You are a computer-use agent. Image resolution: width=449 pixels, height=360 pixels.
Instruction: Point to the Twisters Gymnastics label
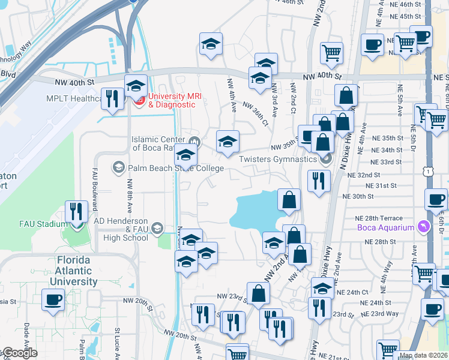click(x=278, y=159)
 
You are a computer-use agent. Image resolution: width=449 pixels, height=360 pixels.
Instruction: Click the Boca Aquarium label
click(x=385, y=227)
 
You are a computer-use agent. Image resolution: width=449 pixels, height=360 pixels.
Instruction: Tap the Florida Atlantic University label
click(x=76, y=271)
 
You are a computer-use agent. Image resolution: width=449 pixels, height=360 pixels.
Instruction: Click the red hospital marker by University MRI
click(x=137, y=100)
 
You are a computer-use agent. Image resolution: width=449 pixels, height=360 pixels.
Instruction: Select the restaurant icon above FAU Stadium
click(x=76, y=210)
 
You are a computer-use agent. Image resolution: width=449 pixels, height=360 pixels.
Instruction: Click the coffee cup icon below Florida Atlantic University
click(x=53, y=299)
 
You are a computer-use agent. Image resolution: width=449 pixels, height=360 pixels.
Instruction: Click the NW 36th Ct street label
click(x=255, y=113)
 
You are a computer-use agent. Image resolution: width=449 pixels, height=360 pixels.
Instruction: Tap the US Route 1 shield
click(x=427, y=172)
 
